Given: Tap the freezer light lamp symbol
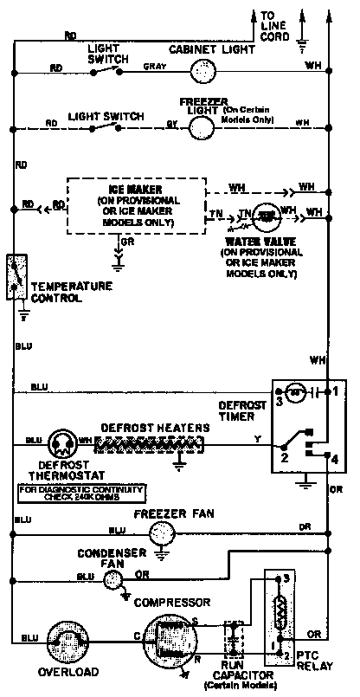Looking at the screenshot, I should pos(202,126).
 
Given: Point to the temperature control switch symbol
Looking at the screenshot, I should pos(15,276).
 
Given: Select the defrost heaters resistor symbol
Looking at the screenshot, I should pos(151,445).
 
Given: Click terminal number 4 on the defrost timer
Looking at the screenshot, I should pos(334,458).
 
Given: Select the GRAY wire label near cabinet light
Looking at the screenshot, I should pos(154,67).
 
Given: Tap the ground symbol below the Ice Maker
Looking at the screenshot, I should pos(121,257).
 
